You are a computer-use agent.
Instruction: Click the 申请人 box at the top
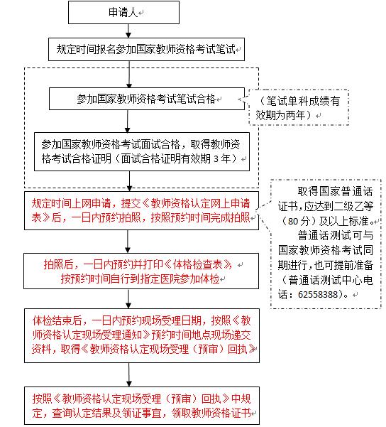point(123,13)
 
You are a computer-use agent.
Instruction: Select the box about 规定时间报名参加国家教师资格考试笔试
point(146,49)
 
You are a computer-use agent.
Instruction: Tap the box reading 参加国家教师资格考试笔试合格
point(147,99)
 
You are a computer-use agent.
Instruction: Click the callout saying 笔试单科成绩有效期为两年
point(299,108)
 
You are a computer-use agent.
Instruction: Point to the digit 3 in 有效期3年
point(216,158)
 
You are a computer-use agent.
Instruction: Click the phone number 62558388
point(318,294)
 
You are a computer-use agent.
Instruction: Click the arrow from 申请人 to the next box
point(128,31)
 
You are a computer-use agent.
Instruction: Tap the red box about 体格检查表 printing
point(141,271)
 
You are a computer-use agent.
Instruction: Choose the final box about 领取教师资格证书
point(142,406)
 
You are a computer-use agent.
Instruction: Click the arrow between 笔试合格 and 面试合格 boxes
point(127,121)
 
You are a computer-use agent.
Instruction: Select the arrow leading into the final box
point(129,374)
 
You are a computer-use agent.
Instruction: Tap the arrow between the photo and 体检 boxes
point(128,242)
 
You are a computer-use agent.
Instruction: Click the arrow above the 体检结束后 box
point(128,298)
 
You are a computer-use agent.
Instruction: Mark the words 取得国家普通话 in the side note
point(335,191)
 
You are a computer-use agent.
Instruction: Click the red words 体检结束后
point(57,321)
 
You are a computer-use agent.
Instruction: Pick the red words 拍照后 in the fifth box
point(59,264)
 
